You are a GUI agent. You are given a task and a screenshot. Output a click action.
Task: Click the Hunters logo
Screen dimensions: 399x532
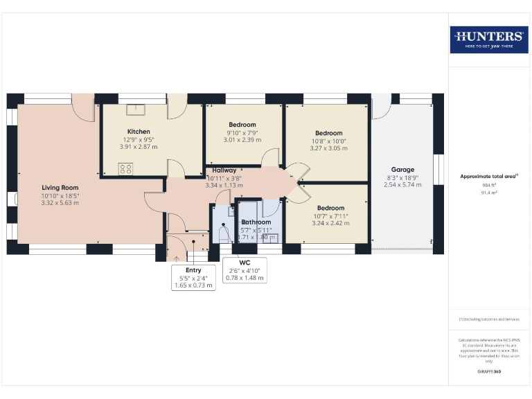click(489, 39)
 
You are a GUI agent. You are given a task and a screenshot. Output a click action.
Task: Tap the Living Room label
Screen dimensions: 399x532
click(60, 187)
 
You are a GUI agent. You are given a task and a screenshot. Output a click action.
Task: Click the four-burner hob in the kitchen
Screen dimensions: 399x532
click(126, 168)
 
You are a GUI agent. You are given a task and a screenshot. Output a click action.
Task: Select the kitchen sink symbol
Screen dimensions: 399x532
click(137, 109)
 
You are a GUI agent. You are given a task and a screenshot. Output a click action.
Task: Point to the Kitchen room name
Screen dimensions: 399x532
click(139, 132)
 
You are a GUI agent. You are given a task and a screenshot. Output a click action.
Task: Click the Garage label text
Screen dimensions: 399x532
click(402, 170)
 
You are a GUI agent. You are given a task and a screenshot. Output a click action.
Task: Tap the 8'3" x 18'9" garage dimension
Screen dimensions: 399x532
click(402, 177)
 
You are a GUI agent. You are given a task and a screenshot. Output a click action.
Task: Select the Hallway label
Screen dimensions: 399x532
click(224, 170)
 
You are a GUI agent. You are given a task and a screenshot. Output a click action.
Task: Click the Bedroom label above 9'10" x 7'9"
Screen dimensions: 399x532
click(242, 125)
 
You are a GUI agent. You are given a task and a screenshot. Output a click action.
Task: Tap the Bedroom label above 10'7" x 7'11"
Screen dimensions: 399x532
click(330, 208)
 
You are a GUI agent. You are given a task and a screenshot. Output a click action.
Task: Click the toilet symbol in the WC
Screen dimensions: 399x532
click(222, 234)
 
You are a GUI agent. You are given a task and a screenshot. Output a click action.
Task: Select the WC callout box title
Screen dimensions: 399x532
click(244, 263)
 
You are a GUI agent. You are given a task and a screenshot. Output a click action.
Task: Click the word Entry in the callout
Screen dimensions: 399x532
click(193, 270)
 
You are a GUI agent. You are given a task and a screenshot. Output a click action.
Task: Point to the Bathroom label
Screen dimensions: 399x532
click(256, 222)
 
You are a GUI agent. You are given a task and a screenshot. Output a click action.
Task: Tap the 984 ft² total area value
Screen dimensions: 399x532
click(489, 186)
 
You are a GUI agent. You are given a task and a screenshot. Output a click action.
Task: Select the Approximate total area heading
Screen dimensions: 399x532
click(489, 177)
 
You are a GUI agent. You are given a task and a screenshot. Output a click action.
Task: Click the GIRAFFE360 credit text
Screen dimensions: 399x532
click(489, 372)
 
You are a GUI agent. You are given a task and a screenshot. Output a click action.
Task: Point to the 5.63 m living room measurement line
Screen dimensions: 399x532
click(60, 202)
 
